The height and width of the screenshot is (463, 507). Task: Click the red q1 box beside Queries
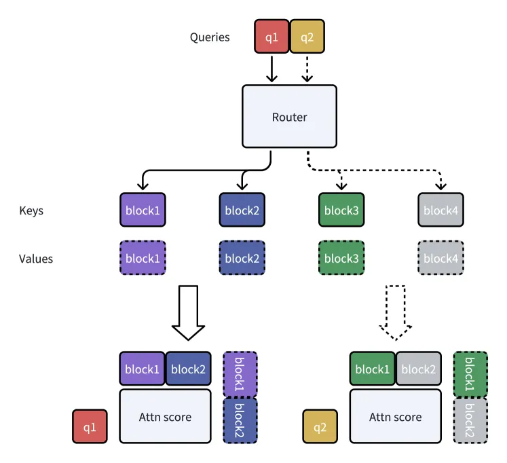(271, 36)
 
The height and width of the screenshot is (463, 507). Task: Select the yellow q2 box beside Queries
(307, 36)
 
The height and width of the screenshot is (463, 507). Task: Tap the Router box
(289, 116)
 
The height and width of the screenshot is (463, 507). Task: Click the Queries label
(210, 37)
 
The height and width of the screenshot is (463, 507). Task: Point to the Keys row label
(31, 210)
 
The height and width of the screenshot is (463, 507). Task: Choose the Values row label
(36, 259)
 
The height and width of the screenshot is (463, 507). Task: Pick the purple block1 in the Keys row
(143, 210)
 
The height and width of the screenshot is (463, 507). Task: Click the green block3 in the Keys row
(341, 210)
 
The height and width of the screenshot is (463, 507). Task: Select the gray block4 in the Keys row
(440, 210)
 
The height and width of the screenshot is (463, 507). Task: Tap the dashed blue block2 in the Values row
(242, 258)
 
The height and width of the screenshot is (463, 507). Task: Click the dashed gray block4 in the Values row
(440, 258)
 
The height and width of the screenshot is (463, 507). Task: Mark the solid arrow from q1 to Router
(271, 69)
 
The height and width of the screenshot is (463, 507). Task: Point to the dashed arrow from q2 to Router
(307, 69)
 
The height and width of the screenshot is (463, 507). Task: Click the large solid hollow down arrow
(188, 313)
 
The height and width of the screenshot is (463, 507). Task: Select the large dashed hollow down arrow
(395, 313)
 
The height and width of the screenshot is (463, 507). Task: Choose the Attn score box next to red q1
(165, 416)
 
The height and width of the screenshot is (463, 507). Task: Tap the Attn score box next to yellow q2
(396, 416)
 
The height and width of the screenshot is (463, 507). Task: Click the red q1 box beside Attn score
(90, 426)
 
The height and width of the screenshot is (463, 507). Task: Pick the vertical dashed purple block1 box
(240, 374)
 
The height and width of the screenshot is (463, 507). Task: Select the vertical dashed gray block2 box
(470, 420)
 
